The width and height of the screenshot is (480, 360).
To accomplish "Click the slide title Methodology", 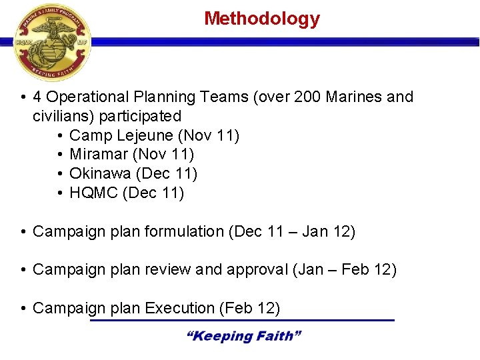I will click(261, 19).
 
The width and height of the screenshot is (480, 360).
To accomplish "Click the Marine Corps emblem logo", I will click(51, 42).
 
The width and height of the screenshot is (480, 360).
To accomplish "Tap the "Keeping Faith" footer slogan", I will click(243, 336).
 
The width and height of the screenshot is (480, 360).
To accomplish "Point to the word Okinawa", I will click(100, 174).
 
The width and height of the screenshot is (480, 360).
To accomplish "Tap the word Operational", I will click(103, 97).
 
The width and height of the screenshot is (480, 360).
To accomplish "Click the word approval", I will click(257, 270).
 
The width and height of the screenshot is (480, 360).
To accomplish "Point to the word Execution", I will click(179, 308).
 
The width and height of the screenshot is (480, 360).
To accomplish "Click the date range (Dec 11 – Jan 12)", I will click(291, 232).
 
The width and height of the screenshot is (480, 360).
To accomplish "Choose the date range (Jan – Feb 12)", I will click(344, 270).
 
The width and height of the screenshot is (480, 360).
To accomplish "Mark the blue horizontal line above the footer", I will click(242, 321).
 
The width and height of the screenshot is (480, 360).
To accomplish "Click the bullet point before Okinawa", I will click(60, 175).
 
